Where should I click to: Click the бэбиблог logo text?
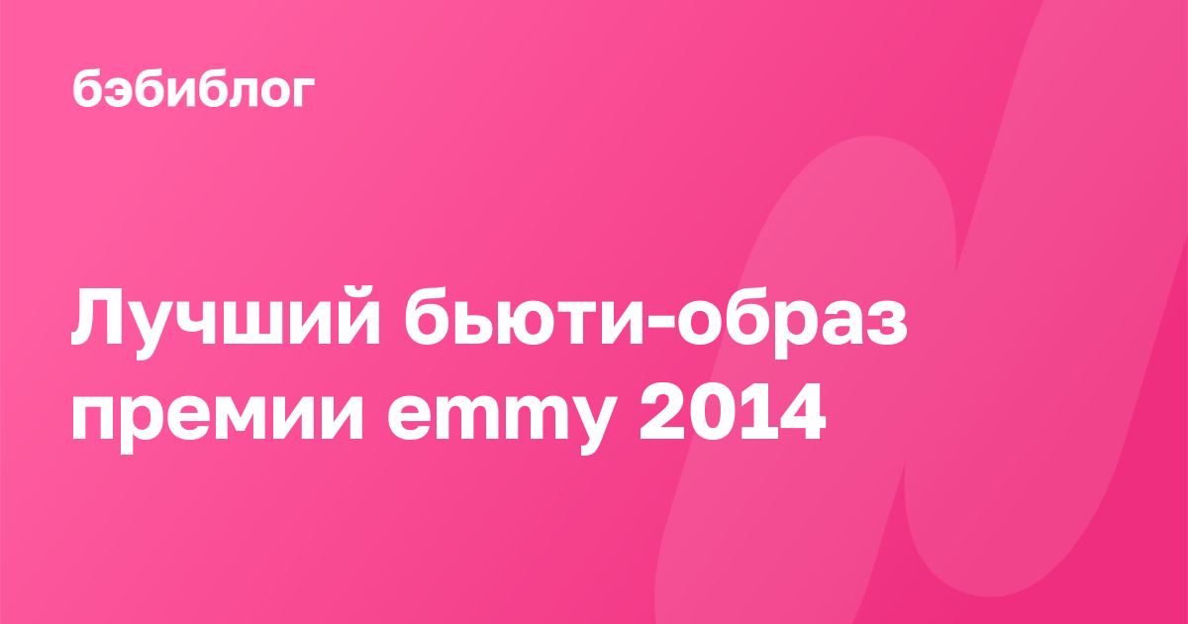pos(193,89)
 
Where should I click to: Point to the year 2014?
pos(733,412)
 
